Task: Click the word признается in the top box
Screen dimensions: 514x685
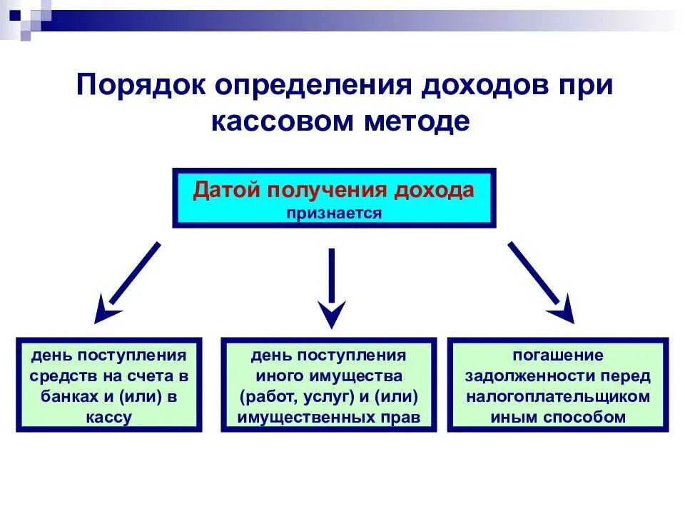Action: click(x=335, y=213)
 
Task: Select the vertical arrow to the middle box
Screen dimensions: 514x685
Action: click(x=331, y=286)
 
